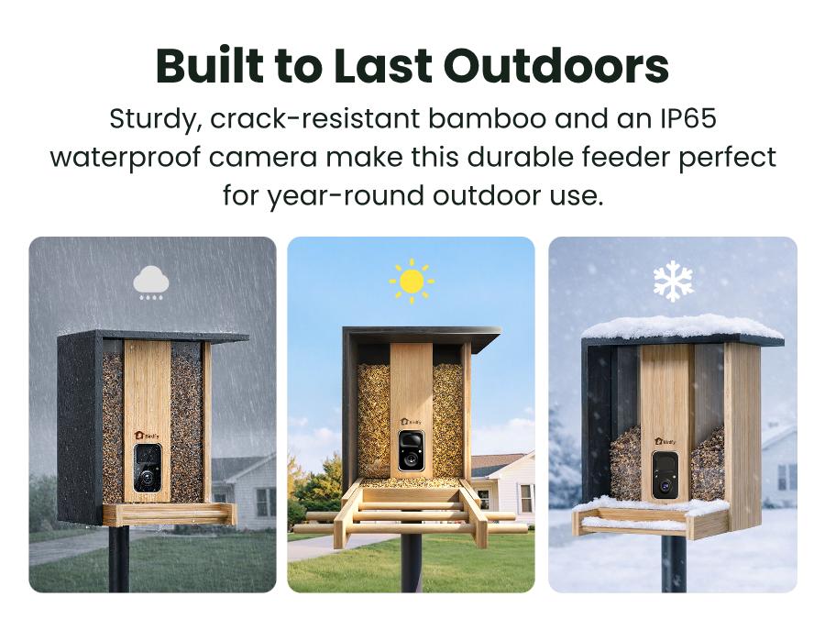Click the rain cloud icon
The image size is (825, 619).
[151, 282]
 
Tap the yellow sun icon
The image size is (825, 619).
[412, 282]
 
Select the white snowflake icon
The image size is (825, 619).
[673, 282]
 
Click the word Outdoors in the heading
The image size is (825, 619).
[556, 67]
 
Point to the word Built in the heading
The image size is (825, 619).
[209, 66]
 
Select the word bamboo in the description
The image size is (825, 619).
[487, 118]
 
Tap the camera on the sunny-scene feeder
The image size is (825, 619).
[411, 450]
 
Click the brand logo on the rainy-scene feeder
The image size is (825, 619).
[147, 436]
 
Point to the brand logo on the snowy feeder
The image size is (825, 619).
[665, 441]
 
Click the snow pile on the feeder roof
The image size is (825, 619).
[682, 327]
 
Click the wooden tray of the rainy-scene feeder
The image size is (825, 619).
[170, 514]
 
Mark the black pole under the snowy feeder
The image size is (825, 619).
[674, 565]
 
